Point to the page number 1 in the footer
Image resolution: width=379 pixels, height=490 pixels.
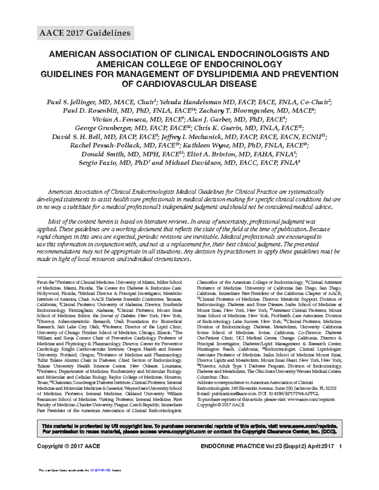coord(340,446)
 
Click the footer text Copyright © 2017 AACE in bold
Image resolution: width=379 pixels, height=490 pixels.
coord(69,446)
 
